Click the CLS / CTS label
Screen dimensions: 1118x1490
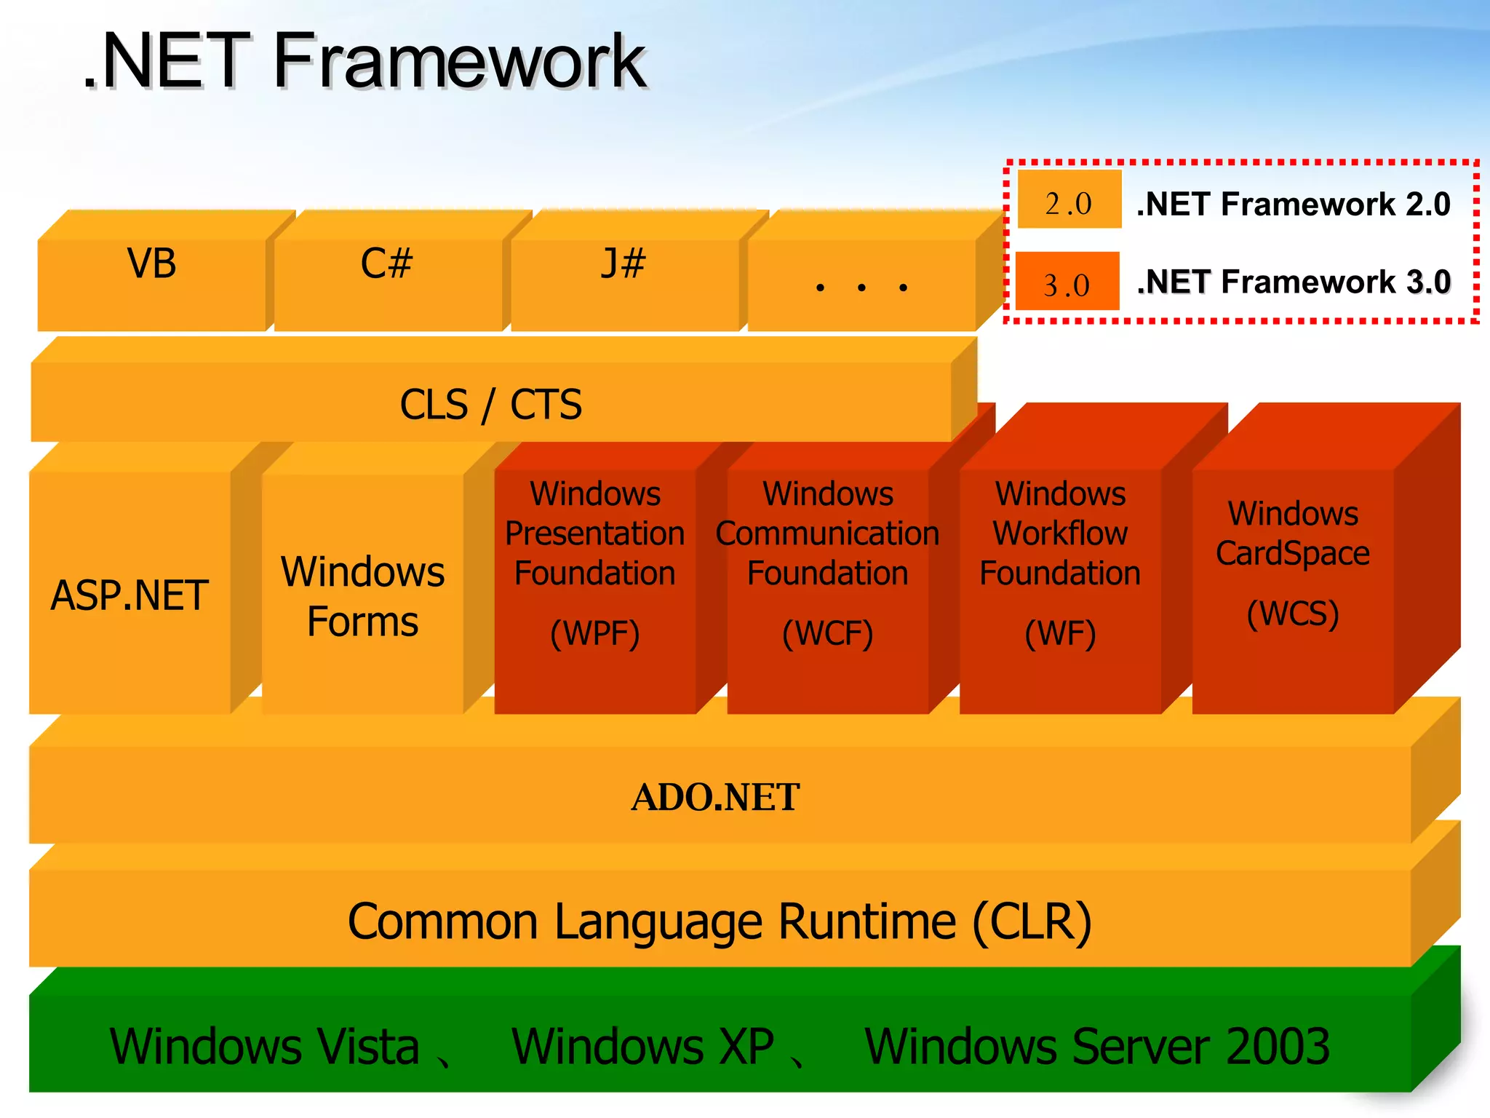pyautogui.click(x=491, y=405)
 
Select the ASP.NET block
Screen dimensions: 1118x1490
pyautogui.click(x=130, y=595)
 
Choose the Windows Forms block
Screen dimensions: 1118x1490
pyautogui.click(x=362, y=596)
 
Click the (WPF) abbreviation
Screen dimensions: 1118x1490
pyautogui.click(x=594, y=633)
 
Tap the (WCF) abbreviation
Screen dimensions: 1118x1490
pyautogui.click(x=827, y=633)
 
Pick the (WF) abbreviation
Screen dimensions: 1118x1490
pyautogui.click(x=1060, y=633)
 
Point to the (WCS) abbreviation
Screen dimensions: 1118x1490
pyautogui.click(x=1293, y=613)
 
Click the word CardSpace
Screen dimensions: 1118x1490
pyautogui.click(x=1293, y=553)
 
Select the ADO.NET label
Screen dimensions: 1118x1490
pyautogui.click(x=715, y=797)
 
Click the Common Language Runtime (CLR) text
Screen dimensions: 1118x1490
pyautogui.click(x=719, y=921)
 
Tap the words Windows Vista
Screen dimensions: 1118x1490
pyautogui.click(x=265, y=1047)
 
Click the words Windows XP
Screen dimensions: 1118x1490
pyautogui.click(x=642, y=1047)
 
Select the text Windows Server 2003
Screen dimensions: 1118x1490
pyautogui.click(x=1097, y=1047)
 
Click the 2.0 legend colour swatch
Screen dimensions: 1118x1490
pyautogui.click(x=1069, y=199)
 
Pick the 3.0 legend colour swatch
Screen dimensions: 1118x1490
pyautogui.click(x=1067, y=281)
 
